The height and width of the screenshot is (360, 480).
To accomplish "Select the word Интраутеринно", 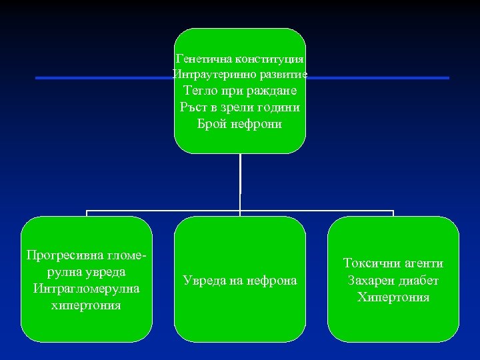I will coord(209,74).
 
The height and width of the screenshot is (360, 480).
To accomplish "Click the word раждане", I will coord(273,90).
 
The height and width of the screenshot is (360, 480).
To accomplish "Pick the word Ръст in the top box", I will coord(195,107).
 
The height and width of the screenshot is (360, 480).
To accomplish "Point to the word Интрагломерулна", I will coord(86,289).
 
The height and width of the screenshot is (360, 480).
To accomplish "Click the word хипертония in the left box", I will coord(86,305).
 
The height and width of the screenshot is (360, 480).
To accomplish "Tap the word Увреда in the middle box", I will coord(203,281).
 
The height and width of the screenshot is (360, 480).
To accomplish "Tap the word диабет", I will coord(419,280).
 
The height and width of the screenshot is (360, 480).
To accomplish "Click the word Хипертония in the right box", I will coord(393,297).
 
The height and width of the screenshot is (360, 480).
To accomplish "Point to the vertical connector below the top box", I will coord(240,175).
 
